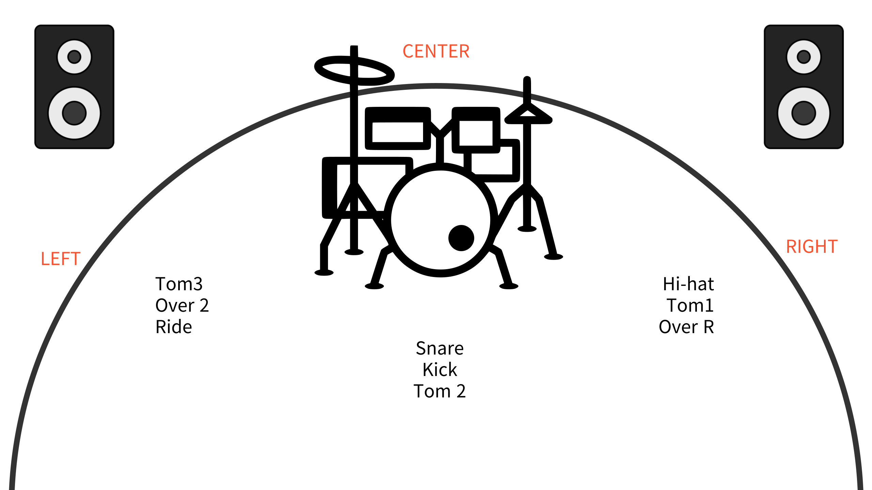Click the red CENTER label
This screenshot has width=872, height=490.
click(x=436, y=51)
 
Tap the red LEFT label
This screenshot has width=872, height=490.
click(x=60, y=259)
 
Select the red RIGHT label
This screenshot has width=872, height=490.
click(x=812, y=246)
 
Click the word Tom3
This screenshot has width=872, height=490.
click(x=179, y=284)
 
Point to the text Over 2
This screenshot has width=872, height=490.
click(x=182, y=305)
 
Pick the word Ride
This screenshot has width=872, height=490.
click(x=174, y=327)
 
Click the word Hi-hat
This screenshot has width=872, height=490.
click(x=688, y=284)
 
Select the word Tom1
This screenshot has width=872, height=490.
click(x=690, y=305)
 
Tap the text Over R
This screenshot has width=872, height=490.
click(x=686, y=327)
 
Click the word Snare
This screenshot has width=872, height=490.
click(x=440, y=348)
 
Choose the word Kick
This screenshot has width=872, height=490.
click(x=440, y=370)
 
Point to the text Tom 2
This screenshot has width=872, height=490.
click(x=440, y=391)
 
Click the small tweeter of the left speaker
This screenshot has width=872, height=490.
click(x=74, y=57)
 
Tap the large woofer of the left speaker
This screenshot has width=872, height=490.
click(x=74, y=113)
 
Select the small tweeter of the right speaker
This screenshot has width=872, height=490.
click(x=804, y=57)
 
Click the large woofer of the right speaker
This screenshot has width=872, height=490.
click(x=804, y=113)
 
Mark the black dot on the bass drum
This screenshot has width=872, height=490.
click(x=461, y=238)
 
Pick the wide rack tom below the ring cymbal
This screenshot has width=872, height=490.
click(x=398, y=129)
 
